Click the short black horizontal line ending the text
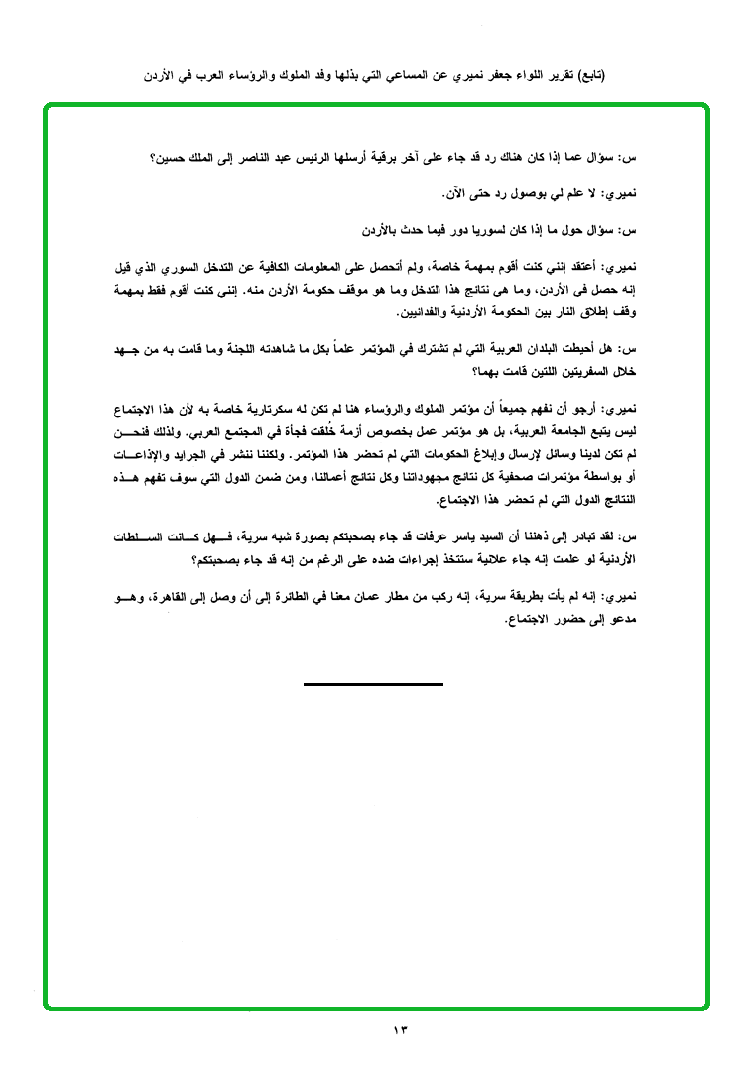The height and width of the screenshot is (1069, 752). point(373,684)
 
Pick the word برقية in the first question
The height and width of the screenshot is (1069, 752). point(388,158)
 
